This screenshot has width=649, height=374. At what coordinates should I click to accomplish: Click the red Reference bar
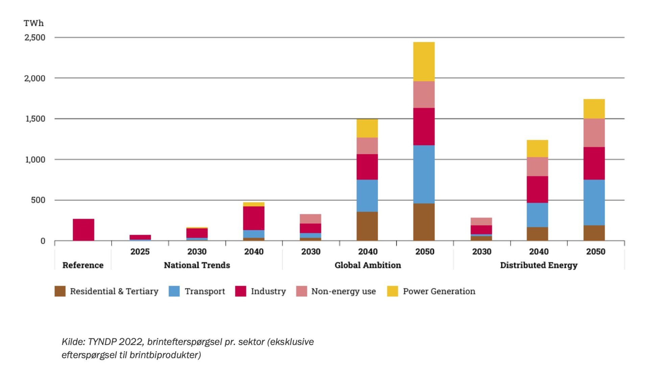pyautogui.click(x=83, y=230)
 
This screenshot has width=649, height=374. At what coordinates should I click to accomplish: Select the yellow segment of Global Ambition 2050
pyautogui.click(x=424, y=61)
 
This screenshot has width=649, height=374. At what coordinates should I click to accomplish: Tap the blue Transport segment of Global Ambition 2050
pyautogui.click(x=424, y=174)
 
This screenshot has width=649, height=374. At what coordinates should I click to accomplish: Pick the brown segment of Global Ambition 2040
pyautogui.click(x=367, y=226)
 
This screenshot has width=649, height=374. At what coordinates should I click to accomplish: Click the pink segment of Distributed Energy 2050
pyautogui.click(x=594, y=133)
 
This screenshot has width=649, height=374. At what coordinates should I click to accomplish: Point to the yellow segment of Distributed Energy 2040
pyautogui.click(x=537, y=148)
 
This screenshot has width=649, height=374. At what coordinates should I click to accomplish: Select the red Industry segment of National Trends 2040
pyautogui.click(x=254, y=218)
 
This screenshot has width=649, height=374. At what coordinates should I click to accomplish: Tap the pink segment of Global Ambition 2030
pyautogui.click(x=310, y=219)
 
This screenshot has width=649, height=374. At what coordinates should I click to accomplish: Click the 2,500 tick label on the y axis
pyautogui.click(x=34, y=38)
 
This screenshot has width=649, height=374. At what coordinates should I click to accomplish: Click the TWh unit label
pyautogui.click(x=33, y=23)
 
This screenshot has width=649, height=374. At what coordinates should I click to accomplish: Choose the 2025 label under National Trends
pyautogui.click(x=140, y=252)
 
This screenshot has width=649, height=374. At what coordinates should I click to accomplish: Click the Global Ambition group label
pyautogui.click(x=368, y=265)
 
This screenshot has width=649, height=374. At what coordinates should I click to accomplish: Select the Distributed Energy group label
pyautogui.click(x=538, y=265)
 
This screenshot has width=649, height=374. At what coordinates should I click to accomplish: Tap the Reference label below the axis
pyautogui.click(x=83, y=265)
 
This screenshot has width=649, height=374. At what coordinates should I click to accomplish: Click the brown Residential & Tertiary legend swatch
pyautogui.click(x=60, y=291)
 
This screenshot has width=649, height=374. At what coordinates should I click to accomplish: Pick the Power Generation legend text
pyautogui.click(x=439, y=291)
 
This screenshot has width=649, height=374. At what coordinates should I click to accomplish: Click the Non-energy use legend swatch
pyautogui.click(x=302, y=291)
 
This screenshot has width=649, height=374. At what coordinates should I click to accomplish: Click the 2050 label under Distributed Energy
pyautogui.click(x=596, y=252)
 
